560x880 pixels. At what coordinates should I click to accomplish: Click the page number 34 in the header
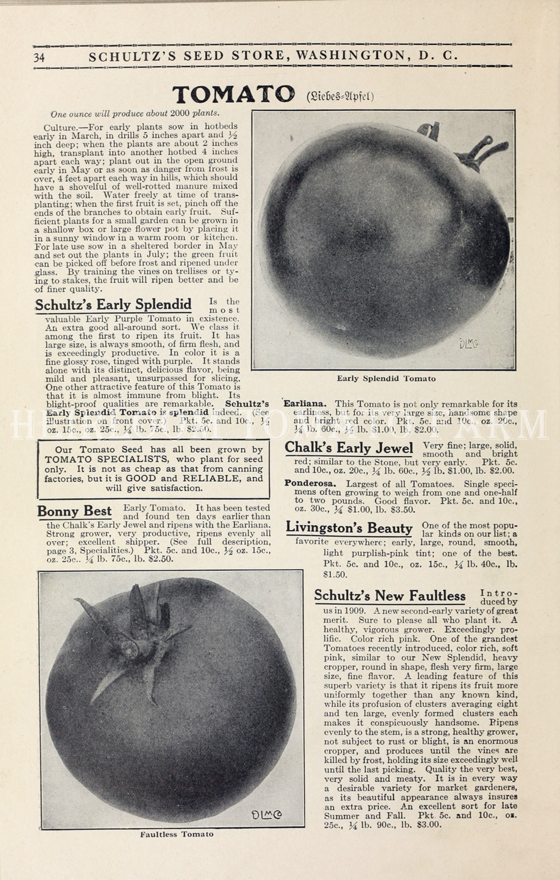39,57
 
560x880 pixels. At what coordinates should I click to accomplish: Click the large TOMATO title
234,95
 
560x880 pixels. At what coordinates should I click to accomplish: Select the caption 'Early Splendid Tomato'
386,379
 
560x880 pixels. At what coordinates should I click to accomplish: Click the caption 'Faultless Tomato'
177,834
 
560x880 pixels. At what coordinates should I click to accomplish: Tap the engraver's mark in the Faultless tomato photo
266,814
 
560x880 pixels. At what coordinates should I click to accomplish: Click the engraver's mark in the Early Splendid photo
469,344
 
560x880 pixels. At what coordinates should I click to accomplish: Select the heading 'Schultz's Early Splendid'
113,304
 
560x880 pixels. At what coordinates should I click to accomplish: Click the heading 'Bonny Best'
74,511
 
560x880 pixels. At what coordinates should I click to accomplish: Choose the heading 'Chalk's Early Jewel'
349,448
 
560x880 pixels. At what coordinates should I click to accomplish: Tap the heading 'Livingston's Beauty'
349,528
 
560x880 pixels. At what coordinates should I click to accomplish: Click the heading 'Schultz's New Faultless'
390,596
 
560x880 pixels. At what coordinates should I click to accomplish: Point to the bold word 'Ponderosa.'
310,484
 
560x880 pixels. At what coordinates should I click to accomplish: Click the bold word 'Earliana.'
305,403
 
